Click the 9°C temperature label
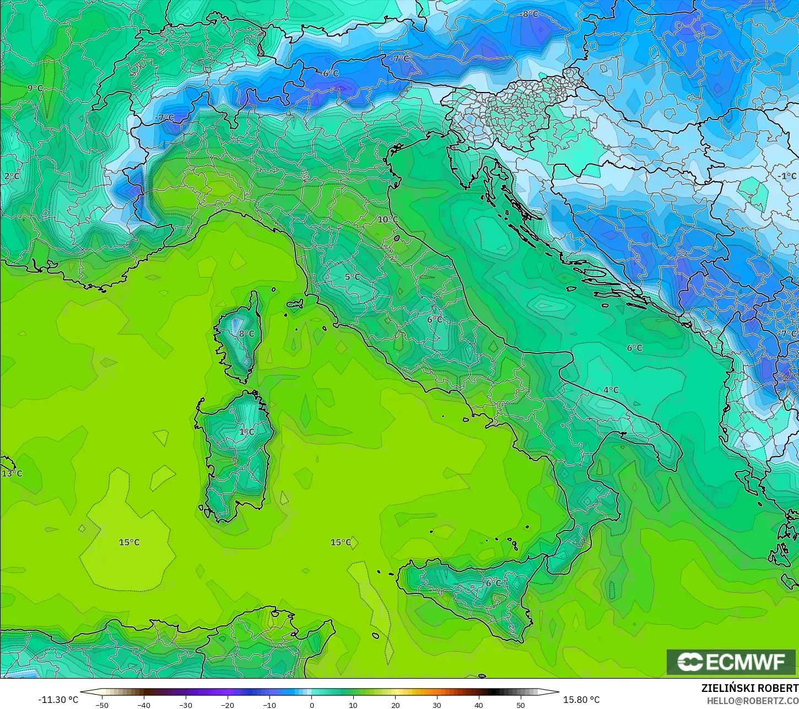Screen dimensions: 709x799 tap(35, 88)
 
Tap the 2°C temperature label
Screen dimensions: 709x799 tap(12, 176)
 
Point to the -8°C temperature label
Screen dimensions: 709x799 tap(530, 14)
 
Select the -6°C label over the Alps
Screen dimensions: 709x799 tap(331, 73)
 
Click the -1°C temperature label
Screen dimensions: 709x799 tap(788, 176)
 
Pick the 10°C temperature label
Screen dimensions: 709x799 tap(387, 219)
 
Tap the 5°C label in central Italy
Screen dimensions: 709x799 tap(352, 277)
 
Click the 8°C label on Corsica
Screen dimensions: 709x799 tap(246, 333)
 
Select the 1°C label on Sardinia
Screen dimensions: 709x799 tap(246, 431)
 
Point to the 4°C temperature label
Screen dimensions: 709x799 tap(611, 390)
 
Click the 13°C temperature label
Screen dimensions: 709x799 tap(12, 474)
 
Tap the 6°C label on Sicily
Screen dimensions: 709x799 tap(493, 583)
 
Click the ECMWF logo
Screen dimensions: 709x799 tap(731, 662)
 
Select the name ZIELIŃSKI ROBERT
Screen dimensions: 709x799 tap(749, 689)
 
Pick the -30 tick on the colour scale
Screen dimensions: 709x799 tap(186, 705)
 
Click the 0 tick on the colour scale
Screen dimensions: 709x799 tap(311, 705)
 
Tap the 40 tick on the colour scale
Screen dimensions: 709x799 tap(478, 705)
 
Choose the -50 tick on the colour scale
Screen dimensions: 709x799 tap(102, 705)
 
